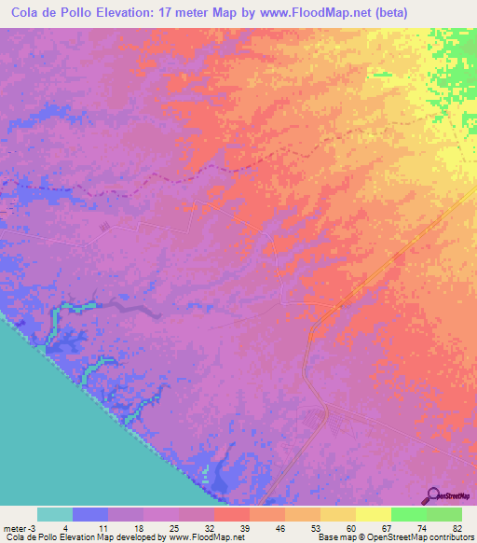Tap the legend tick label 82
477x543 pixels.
point(457,528)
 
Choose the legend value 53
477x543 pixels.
point(317,528)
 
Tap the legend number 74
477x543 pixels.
point(423,528)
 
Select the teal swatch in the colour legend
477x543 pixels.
point(55,514)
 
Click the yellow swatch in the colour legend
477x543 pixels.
point(373,514)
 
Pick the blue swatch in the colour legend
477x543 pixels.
point(90,514)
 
